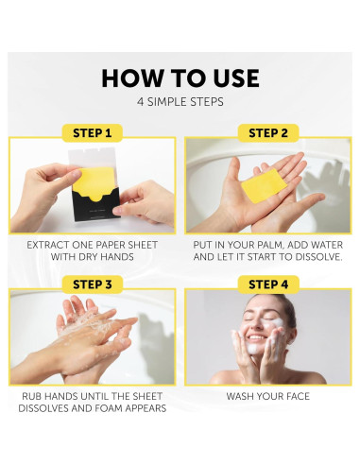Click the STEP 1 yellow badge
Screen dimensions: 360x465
(92, 133)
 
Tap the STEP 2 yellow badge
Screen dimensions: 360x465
(268, 133)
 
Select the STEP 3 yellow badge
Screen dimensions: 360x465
(92, 284)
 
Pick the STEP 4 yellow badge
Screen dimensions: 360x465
(268, 284)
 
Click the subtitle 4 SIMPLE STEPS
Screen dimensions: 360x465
(180, 102)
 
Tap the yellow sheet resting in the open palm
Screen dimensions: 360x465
(264, 186)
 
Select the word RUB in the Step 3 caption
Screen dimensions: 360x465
(30, 396)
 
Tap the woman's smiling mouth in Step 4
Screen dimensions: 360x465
(255, 337)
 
